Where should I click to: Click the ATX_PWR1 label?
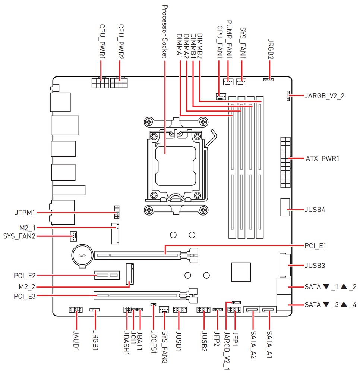pos(322,159)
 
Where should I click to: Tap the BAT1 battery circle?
pos(82,256)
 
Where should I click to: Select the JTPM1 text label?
pos(23,213)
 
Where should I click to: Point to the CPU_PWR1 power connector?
pos(100,82)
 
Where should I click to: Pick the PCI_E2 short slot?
pos(107,275)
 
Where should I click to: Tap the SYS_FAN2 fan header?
pos(74,235)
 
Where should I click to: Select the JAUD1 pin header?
pos(76,310)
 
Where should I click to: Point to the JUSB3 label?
pos(315,266)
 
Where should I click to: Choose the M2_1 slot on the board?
pos(115,233)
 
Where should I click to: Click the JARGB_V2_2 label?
pos(324,95)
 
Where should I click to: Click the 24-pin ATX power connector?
pos(285,162)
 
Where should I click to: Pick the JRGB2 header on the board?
pos(268,79)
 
